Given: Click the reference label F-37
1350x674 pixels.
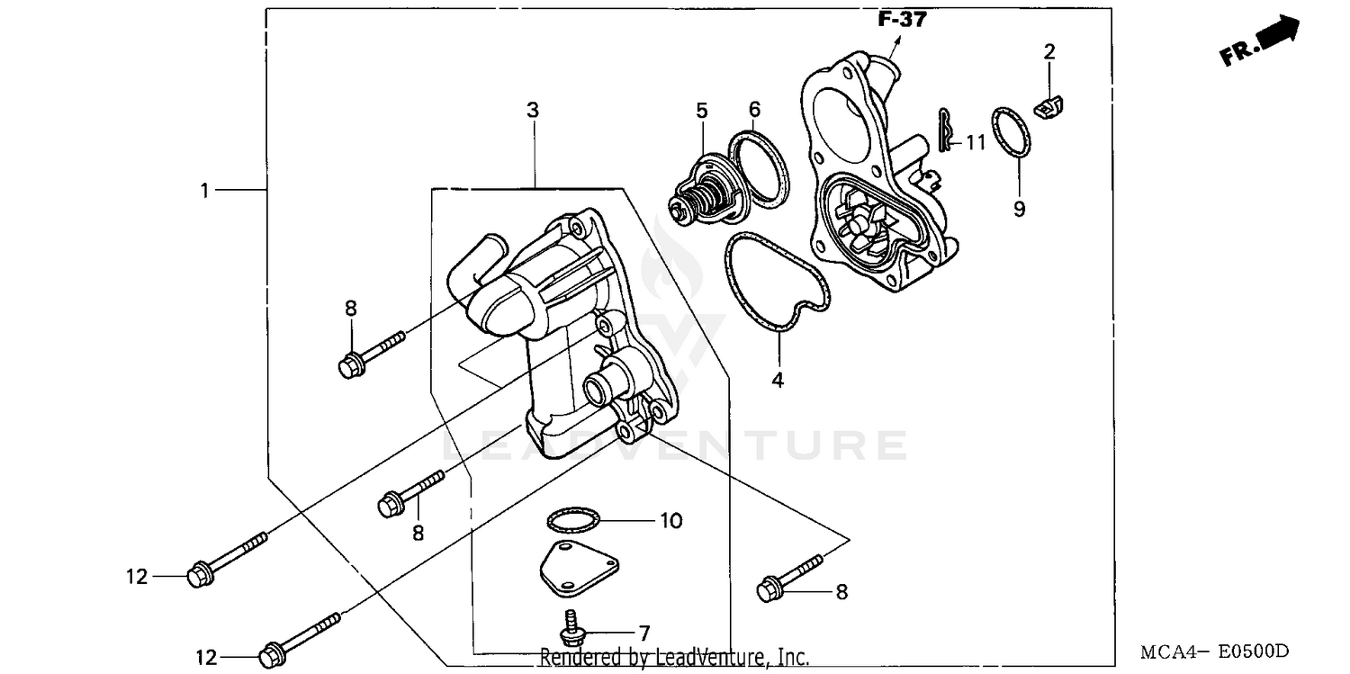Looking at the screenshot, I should pos(901,20).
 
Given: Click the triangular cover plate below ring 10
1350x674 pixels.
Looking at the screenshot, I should pos(578,567).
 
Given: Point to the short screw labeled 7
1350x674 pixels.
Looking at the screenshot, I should pos(569,627).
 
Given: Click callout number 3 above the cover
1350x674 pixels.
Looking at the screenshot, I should pos(533,111).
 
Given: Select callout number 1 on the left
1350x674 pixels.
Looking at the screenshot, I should pos(205,190).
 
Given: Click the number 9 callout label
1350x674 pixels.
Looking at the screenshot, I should pos(1019,209).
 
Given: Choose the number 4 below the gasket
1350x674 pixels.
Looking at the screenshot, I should pos(778,380).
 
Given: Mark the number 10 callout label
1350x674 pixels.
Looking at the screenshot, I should pos(670,520).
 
